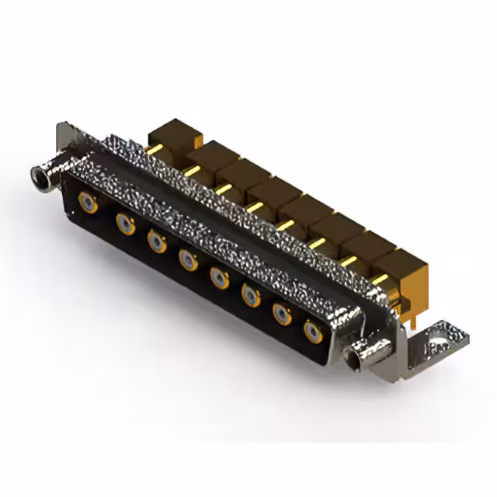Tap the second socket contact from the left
tap(125, 224)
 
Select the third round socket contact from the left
tap(157, 242)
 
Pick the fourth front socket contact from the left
tap(188, 259)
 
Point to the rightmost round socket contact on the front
tap(313, 332)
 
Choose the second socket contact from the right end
tap(281, 313)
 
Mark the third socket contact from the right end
tap(251, 294)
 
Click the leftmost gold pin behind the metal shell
tap(155, 149)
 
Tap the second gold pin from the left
tap(191, 169)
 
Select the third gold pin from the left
tap(224, 189)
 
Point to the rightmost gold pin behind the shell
tap(380, 279)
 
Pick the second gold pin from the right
tap(349, 261)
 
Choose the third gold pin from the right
tap(317, 243)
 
